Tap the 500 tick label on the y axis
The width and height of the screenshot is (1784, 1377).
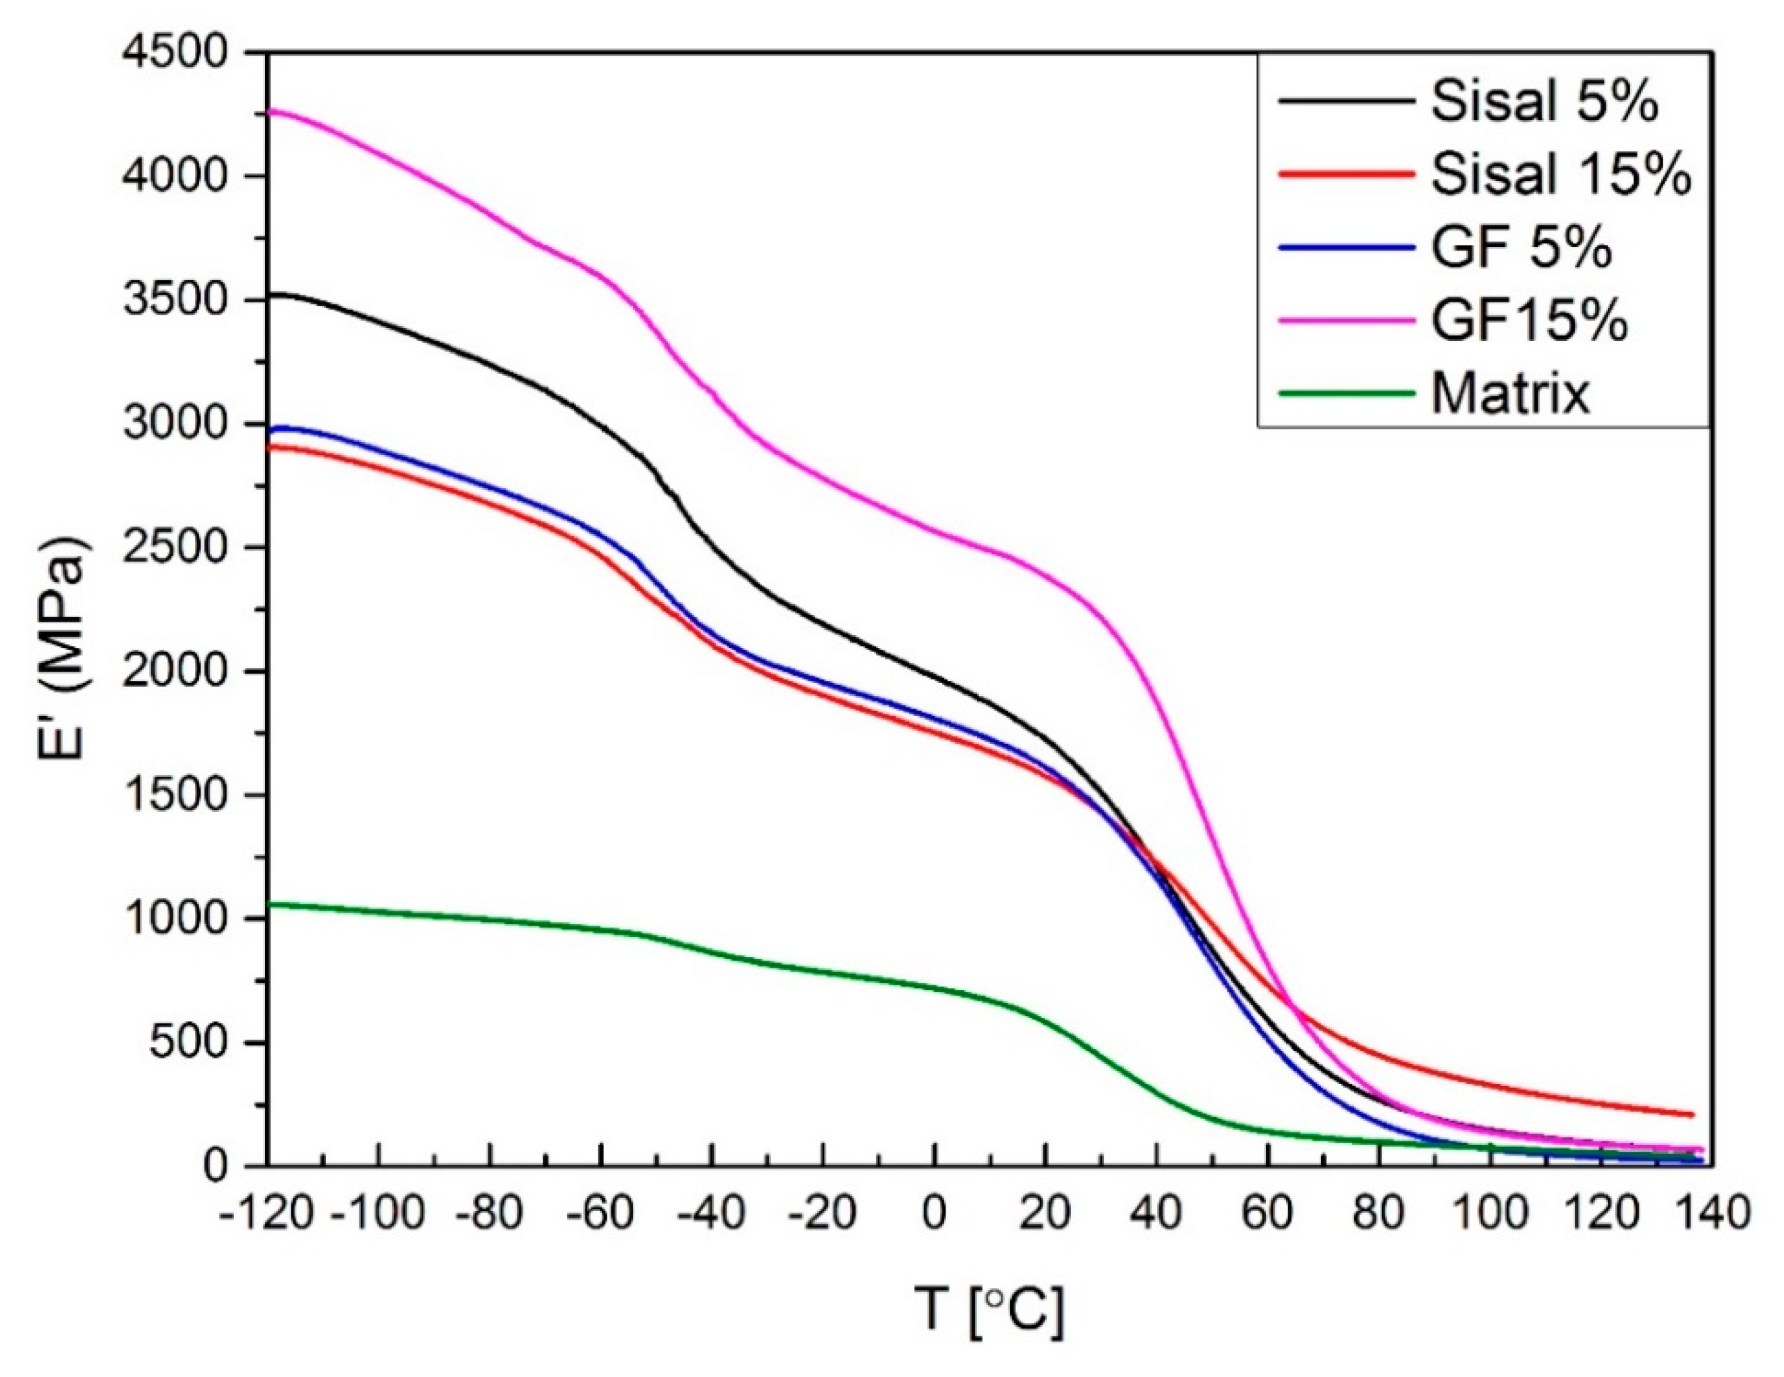[x=187, y=1044]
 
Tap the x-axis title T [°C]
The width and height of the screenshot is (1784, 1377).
[x=989, y=1308]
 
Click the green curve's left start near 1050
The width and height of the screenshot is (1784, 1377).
[x=271, y=904]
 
